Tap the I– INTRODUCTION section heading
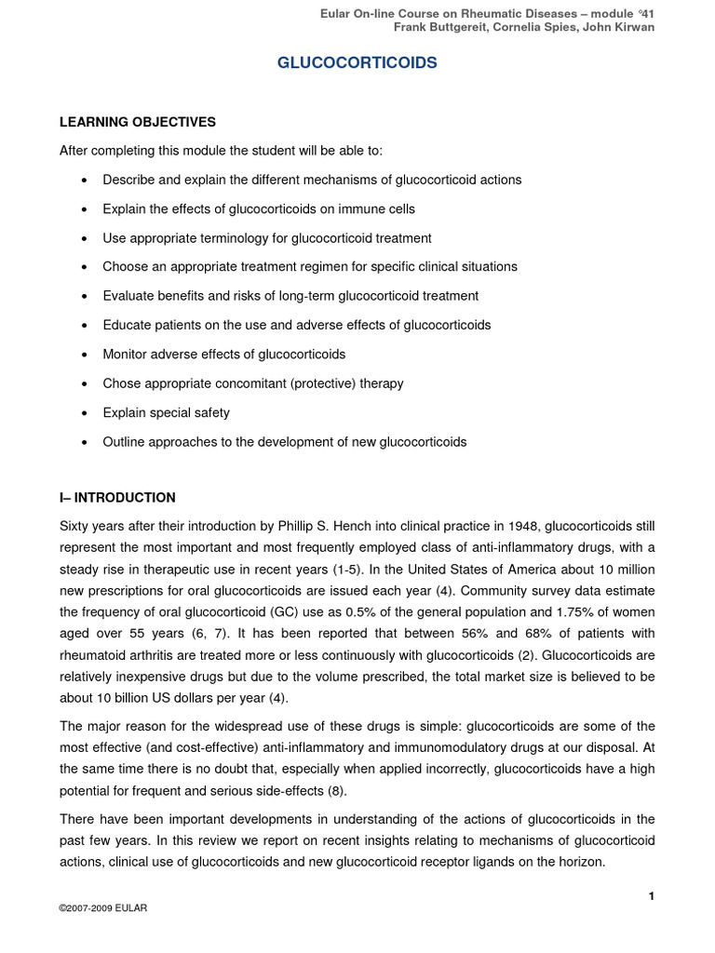tap(117, 498)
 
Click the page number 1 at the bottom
tap(652, 896)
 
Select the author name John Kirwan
tap(619, 27)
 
